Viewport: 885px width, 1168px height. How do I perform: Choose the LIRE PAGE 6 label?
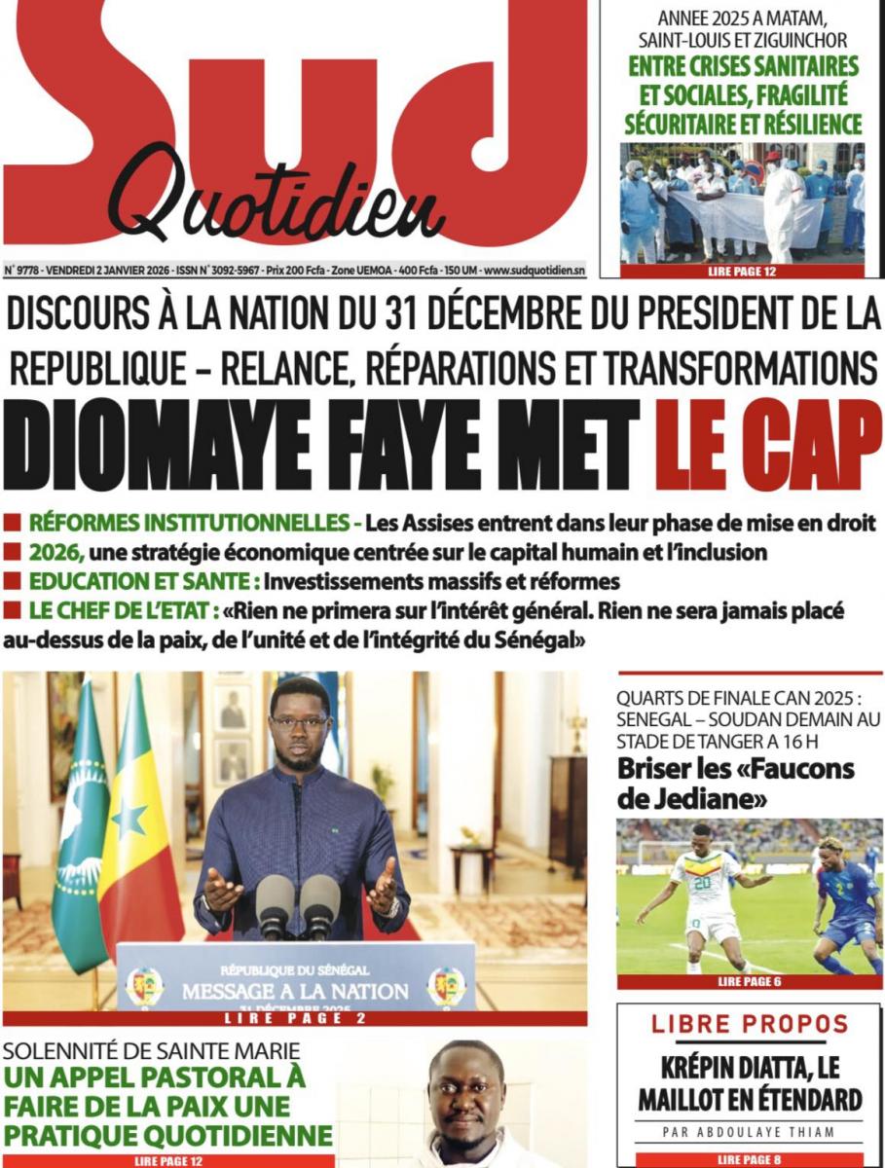(749, 981)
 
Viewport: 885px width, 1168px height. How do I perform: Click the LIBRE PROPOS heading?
(750, 1024)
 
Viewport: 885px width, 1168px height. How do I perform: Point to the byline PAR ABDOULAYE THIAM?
(749, 1132)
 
